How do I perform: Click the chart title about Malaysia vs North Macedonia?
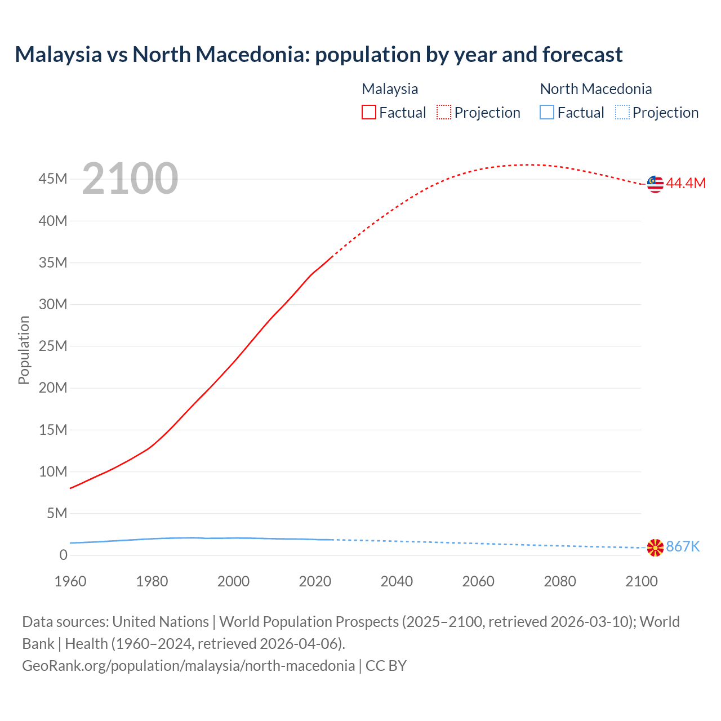318,55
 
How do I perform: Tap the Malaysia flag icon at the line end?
655,184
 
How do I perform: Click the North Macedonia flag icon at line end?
655,548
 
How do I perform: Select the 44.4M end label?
686,184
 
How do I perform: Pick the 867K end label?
683,547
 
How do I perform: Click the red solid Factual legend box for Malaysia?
369,113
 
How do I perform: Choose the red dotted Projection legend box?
444,113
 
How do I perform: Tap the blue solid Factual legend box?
547,113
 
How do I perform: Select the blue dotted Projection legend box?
622,113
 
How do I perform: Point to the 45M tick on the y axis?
53,179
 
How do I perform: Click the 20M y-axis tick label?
53,388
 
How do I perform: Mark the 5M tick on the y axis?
57,513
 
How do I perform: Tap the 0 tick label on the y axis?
63,555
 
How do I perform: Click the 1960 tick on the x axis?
70,581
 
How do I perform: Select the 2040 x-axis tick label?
397,581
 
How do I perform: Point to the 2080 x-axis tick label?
560,581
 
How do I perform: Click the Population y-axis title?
24,350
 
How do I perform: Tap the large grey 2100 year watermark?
130,179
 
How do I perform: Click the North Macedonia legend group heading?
596,89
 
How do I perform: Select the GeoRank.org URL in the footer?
189,666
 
